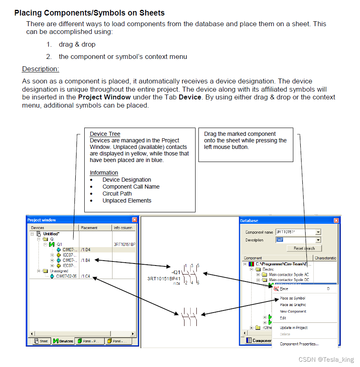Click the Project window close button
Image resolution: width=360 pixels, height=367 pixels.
[135, 220]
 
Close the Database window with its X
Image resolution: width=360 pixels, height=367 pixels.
[336, 221]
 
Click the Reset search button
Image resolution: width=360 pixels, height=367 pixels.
[304, 248]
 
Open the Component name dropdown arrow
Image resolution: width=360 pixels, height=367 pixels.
[318, 232]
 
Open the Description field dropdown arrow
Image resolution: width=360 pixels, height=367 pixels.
[318, 240]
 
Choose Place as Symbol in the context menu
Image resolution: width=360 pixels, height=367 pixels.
[292, 298]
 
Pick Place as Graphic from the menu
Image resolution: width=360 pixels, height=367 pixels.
[293, 305]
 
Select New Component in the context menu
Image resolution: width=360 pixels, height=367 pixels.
[293, 311]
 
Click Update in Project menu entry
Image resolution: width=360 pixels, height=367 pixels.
[294, 328]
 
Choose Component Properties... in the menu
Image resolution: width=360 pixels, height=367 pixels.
[299, 344]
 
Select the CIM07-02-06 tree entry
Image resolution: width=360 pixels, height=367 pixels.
[66, 276]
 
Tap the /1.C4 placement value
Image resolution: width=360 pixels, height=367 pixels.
[85, 276]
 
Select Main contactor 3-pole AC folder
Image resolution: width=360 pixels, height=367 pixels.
[289, 275]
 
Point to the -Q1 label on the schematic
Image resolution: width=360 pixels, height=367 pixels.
[176, 272]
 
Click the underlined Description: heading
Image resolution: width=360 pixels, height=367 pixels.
[40, 69]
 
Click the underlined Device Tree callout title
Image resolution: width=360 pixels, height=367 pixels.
[105, 134]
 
